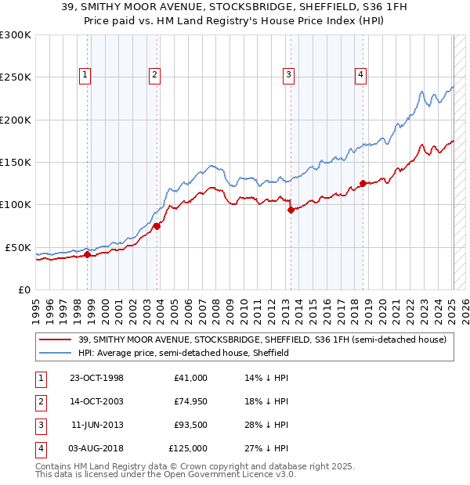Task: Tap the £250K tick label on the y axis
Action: [16, 77]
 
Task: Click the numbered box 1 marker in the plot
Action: [85, 75]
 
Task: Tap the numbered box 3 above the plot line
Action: [288, 75]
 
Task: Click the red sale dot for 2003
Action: [157, 226]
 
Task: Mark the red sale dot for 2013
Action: [291, 210]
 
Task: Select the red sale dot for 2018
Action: [363, 184]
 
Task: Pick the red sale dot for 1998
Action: [88, 254]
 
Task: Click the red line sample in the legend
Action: [54, 339]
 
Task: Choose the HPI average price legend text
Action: [183, 353]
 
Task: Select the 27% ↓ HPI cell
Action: [266, 448]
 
